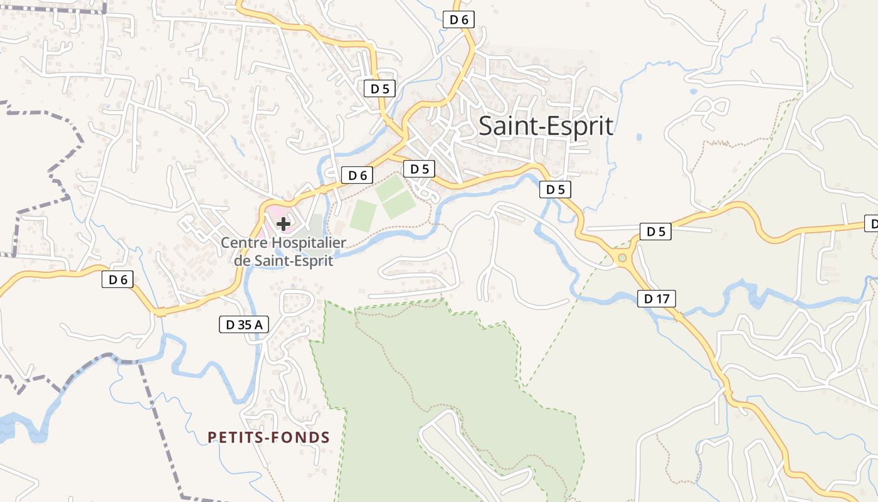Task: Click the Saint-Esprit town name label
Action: (x=546, y=126)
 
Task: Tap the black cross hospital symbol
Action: (x=283, y=223)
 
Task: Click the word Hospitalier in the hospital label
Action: (x=309, y=243)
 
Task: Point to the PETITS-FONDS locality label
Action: (x=268, y=437)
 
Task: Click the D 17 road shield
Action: (x=657, y=299)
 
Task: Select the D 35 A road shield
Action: (x=243, y=324)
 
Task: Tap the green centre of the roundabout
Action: (x=621, y=258)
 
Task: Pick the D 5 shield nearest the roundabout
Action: (x=655, y=232)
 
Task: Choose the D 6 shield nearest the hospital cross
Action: (x=357, y=176)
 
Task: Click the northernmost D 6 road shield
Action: (x=459, y=19)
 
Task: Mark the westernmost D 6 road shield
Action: (x=118, y=280)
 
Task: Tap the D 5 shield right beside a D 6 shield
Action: (x=419, y=169)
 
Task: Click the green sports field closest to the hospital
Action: (x=363, y=216)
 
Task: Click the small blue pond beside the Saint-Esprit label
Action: (x=639, y=137)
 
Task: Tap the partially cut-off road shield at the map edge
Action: (x=872, y=223)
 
